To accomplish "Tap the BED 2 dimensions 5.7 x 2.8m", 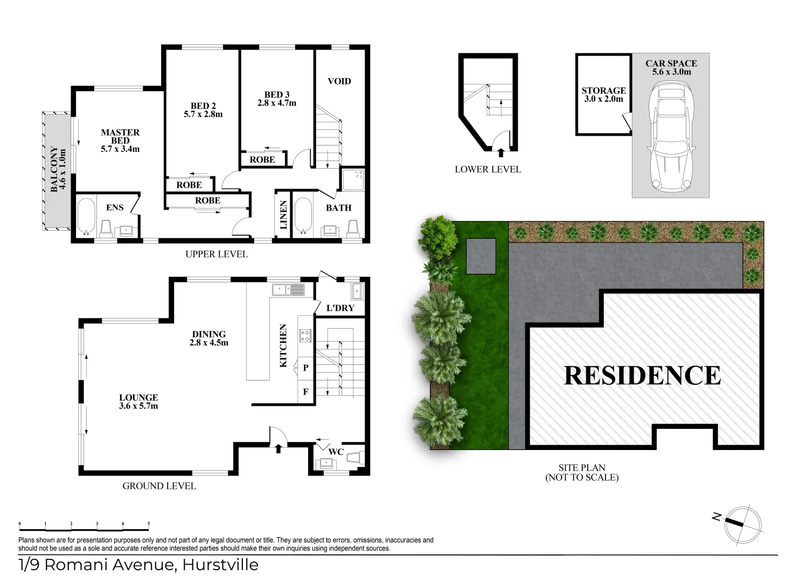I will click(x=203, y=114).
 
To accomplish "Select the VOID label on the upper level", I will click(x=339, y=81).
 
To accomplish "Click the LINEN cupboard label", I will click(x=283, y=214).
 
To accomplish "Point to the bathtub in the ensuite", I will click(x=86, y=217).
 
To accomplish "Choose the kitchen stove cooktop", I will click(x=305, y=336).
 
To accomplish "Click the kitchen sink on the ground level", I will click(x=288, y=290).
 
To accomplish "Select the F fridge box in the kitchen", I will click(x=305, y=392).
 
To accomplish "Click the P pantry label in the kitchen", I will click(x=305, y=368).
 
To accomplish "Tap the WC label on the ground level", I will click(x=336, y=452).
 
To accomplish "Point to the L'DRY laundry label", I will click(x=340, y=308).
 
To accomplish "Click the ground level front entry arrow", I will click(x=279, y=447).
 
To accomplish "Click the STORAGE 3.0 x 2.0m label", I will click(x=603, y=95).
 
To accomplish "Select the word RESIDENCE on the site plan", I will click(x=642, y=375).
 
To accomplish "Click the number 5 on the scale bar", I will click(x=149, y=524).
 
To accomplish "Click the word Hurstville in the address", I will click(x=220, y=565).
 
